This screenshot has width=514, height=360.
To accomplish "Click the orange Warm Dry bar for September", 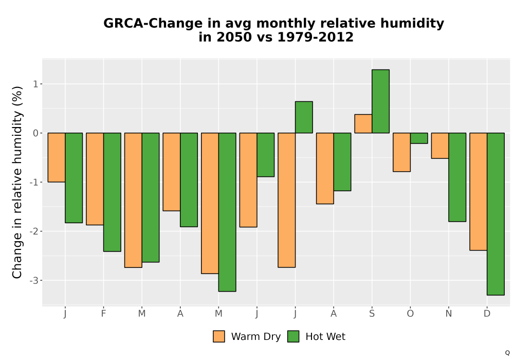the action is click(x=363, y=123).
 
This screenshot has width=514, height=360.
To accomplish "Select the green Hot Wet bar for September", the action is click(x=380, y=101).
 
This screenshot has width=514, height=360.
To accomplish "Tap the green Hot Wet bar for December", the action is click(x=495, y=214).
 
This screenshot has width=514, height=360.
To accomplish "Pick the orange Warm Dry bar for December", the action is click(x=478, y=191).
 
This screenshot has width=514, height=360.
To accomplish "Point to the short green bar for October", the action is click(x=419, y=138).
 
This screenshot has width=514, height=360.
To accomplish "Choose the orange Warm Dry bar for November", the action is click(x=440, y=146).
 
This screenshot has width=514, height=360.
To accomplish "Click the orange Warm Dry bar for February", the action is click(x=95, y=179).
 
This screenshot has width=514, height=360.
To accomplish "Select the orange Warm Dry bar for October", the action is click(x=401, y=152).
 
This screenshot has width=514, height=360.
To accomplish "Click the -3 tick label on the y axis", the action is click(x=34, y=281).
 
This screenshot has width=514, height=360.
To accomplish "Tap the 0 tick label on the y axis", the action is click(x=36, y=133).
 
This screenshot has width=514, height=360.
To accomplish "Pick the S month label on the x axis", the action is click(x=372, y=314).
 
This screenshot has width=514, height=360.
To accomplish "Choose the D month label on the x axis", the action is click(x=487, y=314).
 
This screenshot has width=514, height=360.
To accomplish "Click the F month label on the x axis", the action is click(x=104, y=314).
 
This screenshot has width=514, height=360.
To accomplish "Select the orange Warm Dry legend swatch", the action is click(x=219, y=336).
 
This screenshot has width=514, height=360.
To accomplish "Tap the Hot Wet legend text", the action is click(x=325, y=337).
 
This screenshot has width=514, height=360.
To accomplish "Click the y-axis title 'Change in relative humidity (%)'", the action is click(x=17, y=182).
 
